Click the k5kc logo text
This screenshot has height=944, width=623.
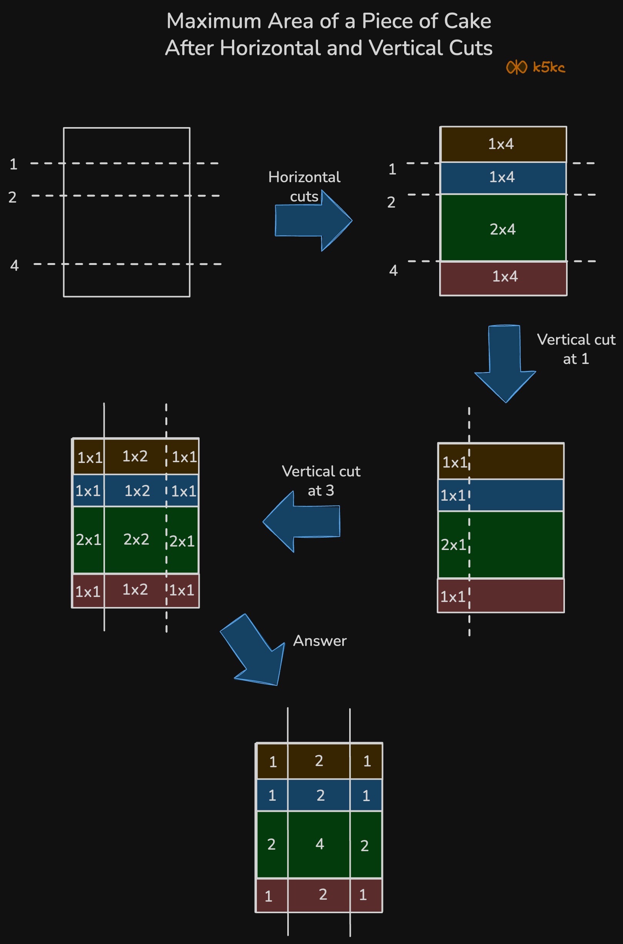548,67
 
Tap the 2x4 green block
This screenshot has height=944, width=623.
503,229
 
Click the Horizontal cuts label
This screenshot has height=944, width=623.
304,186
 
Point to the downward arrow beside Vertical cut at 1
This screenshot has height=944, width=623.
505,362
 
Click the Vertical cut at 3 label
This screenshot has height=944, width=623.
321,481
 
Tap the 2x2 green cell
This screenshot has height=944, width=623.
136,540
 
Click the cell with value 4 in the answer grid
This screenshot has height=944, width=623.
320,844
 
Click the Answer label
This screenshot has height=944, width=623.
320,641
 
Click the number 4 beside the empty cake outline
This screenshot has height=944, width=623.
14,265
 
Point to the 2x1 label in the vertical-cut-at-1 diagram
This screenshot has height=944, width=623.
453,545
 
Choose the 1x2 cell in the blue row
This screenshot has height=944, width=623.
137,491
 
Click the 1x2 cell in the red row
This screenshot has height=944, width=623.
135,590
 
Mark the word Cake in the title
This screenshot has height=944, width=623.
467,21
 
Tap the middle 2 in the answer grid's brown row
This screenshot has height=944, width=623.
319,761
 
